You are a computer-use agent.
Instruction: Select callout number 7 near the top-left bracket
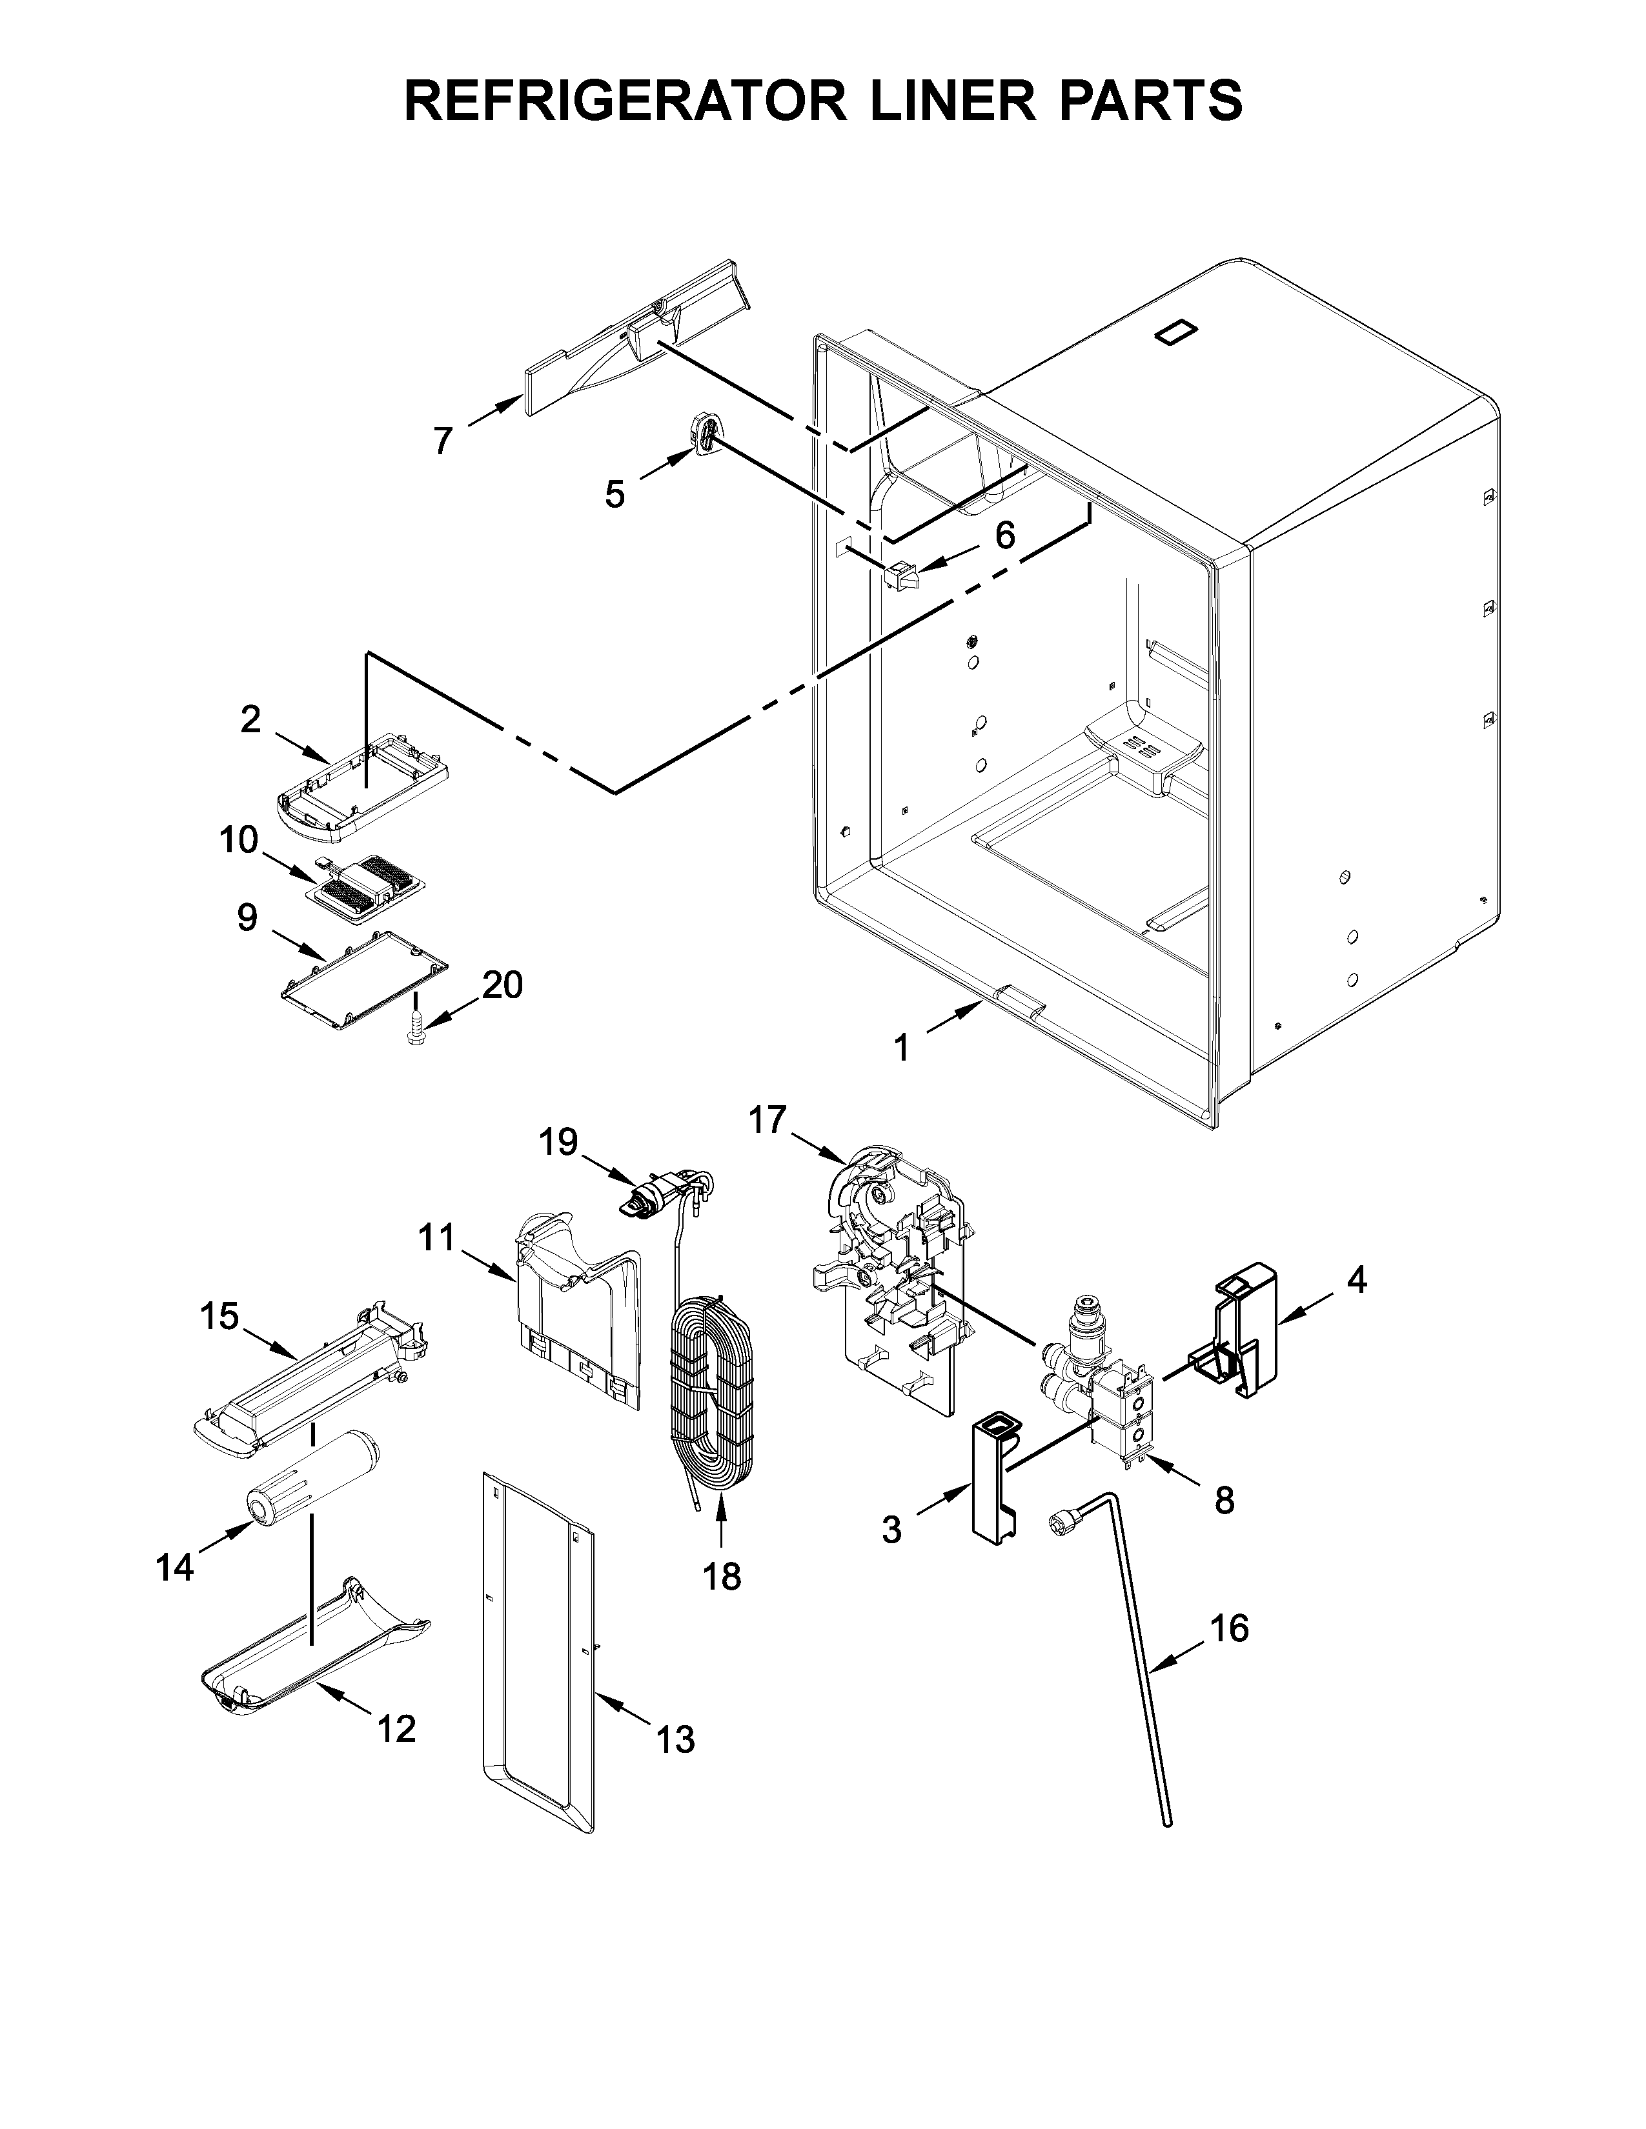point(443,441)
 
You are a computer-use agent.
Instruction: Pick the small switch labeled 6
point(903,575)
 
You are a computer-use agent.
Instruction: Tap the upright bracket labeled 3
point(993,1482)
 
